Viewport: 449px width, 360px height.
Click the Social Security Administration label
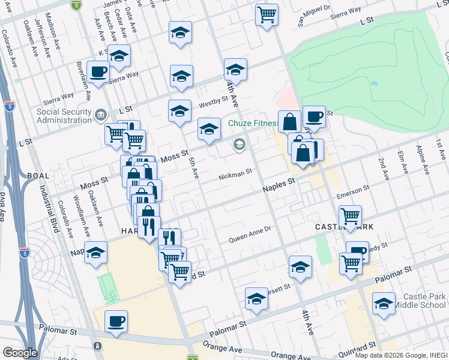64,116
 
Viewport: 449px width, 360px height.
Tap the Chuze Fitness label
254,124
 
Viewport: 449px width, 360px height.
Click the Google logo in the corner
20,353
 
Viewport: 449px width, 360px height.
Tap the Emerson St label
352,193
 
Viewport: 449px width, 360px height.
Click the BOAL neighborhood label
38,175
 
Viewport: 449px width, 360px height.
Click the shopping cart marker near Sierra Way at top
267,13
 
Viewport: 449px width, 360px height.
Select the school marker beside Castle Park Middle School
384,304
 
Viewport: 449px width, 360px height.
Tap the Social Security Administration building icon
100,113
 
